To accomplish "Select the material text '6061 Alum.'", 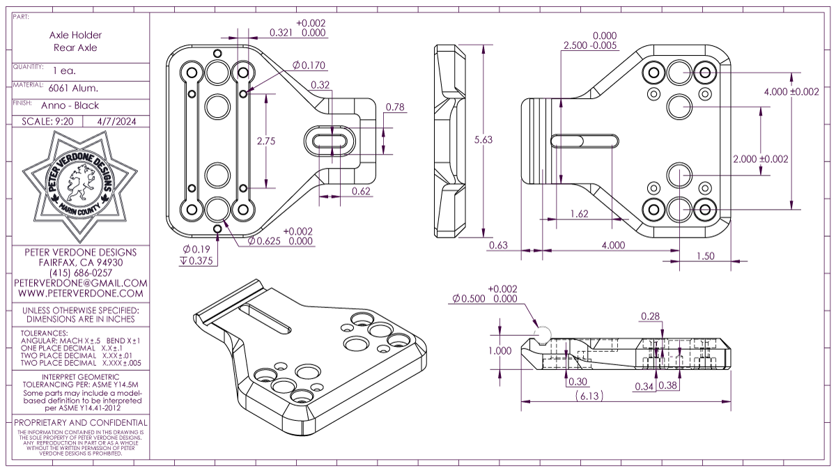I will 73,88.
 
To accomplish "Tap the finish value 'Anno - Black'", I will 74,106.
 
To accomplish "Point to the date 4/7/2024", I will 116,121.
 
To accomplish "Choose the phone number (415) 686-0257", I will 81,273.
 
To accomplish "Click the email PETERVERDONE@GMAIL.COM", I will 81,284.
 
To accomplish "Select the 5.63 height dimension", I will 483,139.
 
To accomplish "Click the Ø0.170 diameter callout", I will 309,65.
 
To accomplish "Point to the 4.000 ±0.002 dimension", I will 791,92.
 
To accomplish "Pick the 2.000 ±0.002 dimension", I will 761,159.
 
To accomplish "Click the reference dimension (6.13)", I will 589,396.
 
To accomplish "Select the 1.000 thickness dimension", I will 500,351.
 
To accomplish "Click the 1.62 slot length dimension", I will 580,214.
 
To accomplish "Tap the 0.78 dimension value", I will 395,107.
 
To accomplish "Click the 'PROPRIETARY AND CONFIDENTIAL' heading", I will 81,423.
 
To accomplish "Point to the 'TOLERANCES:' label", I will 45,333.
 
